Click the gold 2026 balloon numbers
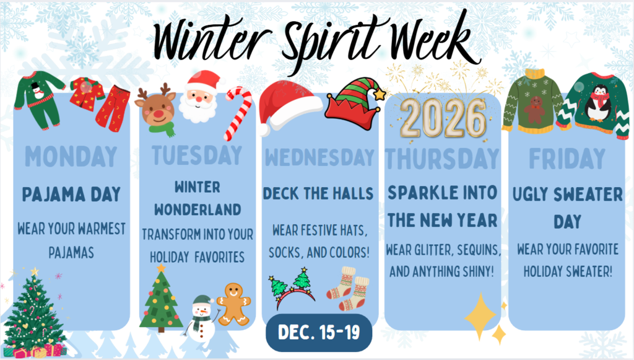pyautogui.click(x=442, y=117)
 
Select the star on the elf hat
pyautogui.click(x=379, y=94)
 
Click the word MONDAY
pyautogui.click(x=71, y=157)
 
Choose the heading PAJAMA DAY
pyautogui.click(x=71, y=194)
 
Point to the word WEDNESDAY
pyautogui.click(x=319, y=157)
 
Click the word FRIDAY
pyautogui.click(x=567, y=159)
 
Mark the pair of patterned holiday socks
pyautogui.click(x=347, y=288)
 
